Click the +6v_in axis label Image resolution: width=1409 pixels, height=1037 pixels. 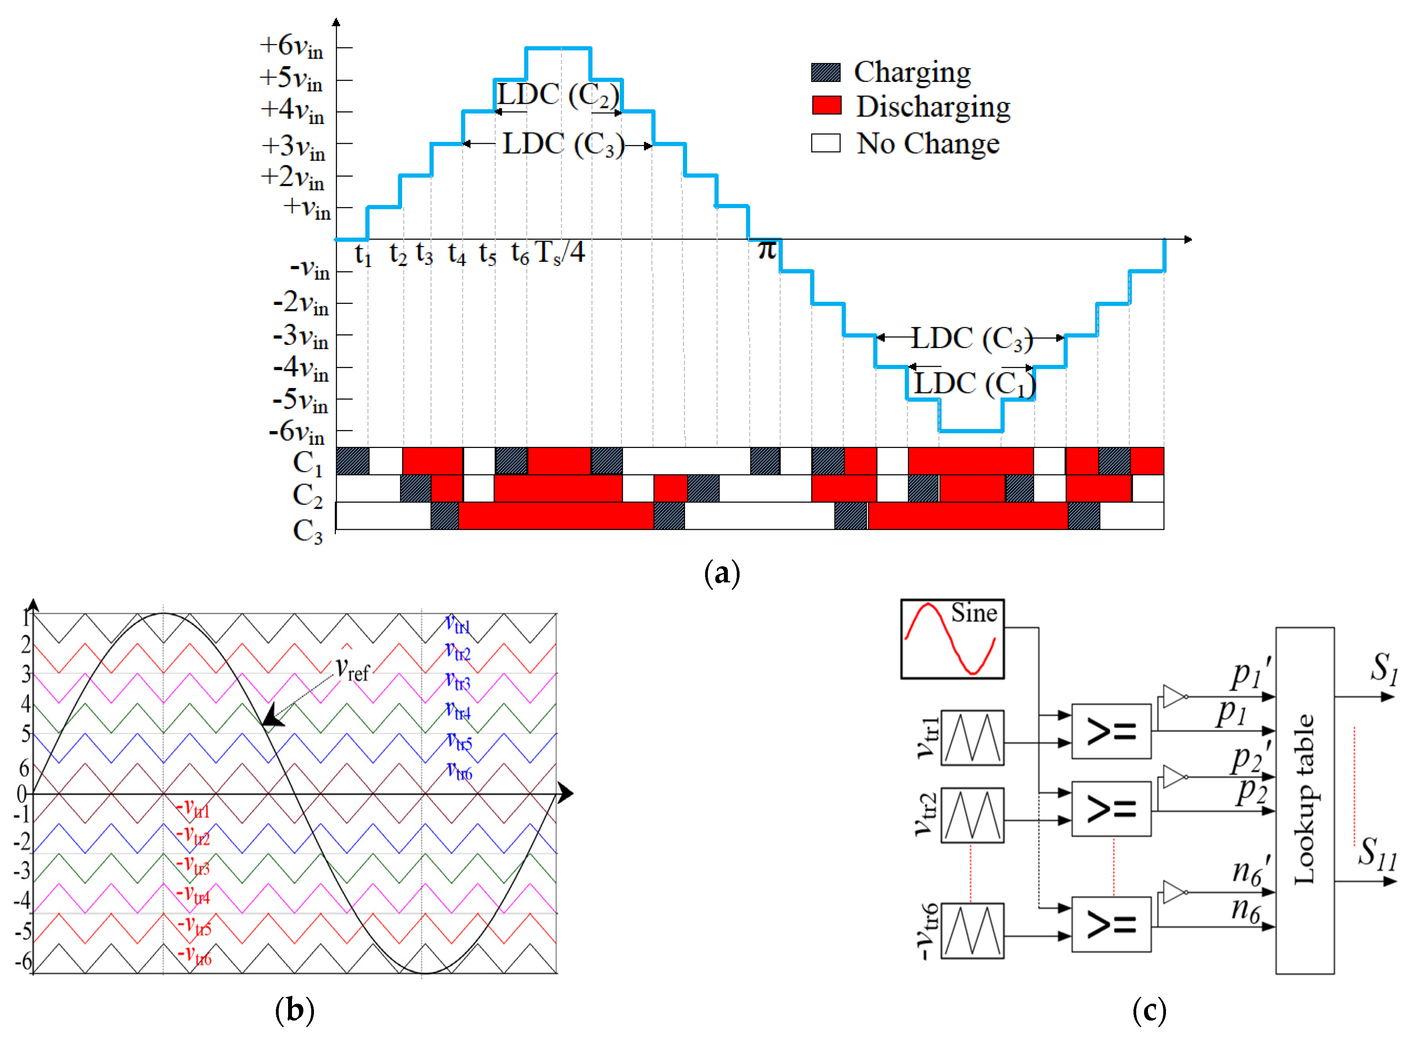coord(292,47)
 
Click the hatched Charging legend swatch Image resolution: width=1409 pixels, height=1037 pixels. coord(826,72)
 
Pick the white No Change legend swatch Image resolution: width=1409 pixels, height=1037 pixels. coord(826,143)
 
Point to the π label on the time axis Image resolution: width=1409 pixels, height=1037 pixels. coord(767,250)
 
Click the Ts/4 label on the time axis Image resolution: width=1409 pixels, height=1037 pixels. coord(560,253)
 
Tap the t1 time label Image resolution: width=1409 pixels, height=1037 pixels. coord(363,255)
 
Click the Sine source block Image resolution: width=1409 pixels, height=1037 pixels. coord(952,638)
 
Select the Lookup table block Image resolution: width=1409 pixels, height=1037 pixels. coord(1304,800)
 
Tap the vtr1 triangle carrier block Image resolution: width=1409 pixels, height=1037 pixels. coord(972,738)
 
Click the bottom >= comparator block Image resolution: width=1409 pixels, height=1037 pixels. coord(1111,924)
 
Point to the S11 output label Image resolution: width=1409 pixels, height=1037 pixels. coord(1378,853)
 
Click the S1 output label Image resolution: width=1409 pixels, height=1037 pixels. coord(1383,668)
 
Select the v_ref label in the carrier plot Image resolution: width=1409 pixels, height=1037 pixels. coord(353,669)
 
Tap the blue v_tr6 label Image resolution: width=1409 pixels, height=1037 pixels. coord(459,771)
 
